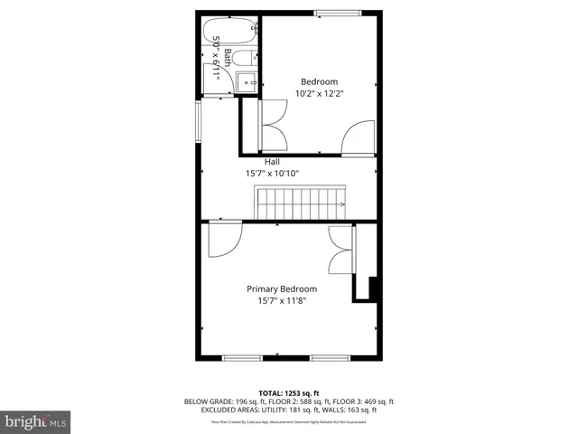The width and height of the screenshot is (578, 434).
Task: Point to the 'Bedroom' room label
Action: coord(319,81)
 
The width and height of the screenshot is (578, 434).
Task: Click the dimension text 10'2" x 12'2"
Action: coord(319,93)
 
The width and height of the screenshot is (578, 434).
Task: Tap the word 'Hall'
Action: coord(272,162)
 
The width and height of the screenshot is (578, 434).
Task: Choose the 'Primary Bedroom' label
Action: coord(282,289)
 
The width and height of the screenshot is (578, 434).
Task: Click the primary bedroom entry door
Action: coord(221,241)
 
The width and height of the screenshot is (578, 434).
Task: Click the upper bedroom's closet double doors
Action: coord(274,125)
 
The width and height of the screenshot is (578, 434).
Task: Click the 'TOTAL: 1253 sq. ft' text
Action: coord(289,393)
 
